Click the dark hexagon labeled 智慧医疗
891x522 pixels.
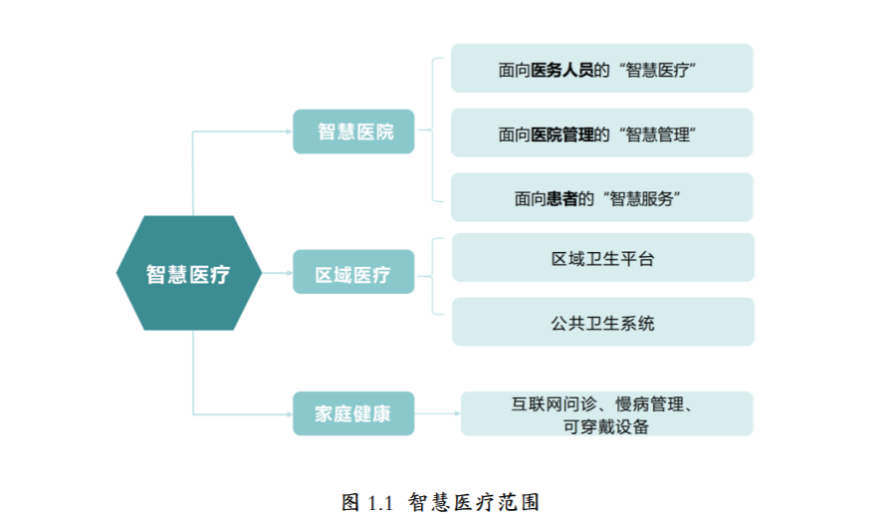(189, 273)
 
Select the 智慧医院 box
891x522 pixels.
(353, 131)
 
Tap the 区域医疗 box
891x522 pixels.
(353, 272)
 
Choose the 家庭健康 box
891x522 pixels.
(353, 413)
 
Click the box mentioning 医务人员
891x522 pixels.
(601, 68)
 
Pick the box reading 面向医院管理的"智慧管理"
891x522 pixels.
(601, 132)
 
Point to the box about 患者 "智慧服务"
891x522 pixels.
(601, 197)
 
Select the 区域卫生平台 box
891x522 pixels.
(603, 257)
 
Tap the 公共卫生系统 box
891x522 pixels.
(603, 322)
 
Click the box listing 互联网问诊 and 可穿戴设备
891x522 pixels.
(607, 413)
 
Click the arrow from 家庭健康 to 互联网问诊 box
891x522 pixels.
(438, 413)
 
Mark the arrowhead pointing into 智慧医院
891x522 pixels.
(290, 131)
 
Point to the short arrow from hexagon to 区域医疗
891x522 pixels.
(278, 273)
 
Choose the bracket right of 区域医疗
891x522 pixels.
(433, 276)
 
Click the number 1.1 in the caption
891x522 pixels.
(380, 503)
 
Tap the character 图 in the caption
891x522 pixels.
(350, 502)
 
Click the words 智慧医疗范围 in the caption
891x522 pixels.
(474, 502)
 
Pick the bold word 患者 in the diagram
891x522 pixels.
(562, 198)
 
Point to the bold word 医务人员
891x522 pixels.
(562, 70)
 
